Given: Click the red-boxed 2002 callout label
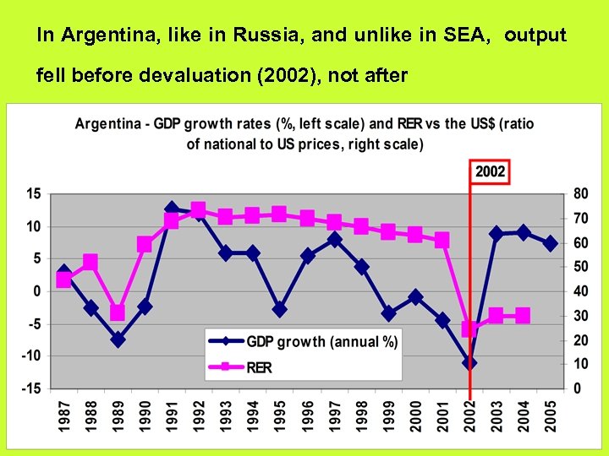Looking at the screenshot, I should coord(491,172).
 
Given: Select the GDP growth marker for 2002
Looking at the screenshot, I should coord(469,363).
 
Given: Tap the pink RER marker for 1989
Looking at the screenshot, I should coord(118,313).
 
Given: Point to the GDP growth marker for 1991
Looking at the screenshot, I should coord(172,209).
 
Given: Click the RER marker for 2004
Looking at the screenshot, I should coord(523,316).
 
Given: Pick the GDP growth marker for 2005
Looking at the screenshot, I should coord(550,243).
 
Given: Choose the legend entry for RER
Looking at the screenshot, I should coord(259,367).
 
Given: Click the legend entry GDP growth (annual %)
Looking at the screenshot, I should coord(321,342).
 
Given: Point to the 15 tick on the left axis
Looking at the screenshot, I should coord(33,193).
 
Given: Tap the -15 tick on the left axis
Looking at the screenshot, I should coord(30,388).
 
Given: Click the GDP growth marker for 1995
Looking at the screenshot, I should coord(280,310).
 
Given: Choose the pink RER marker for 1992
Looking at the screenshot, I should coord(199,210).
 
